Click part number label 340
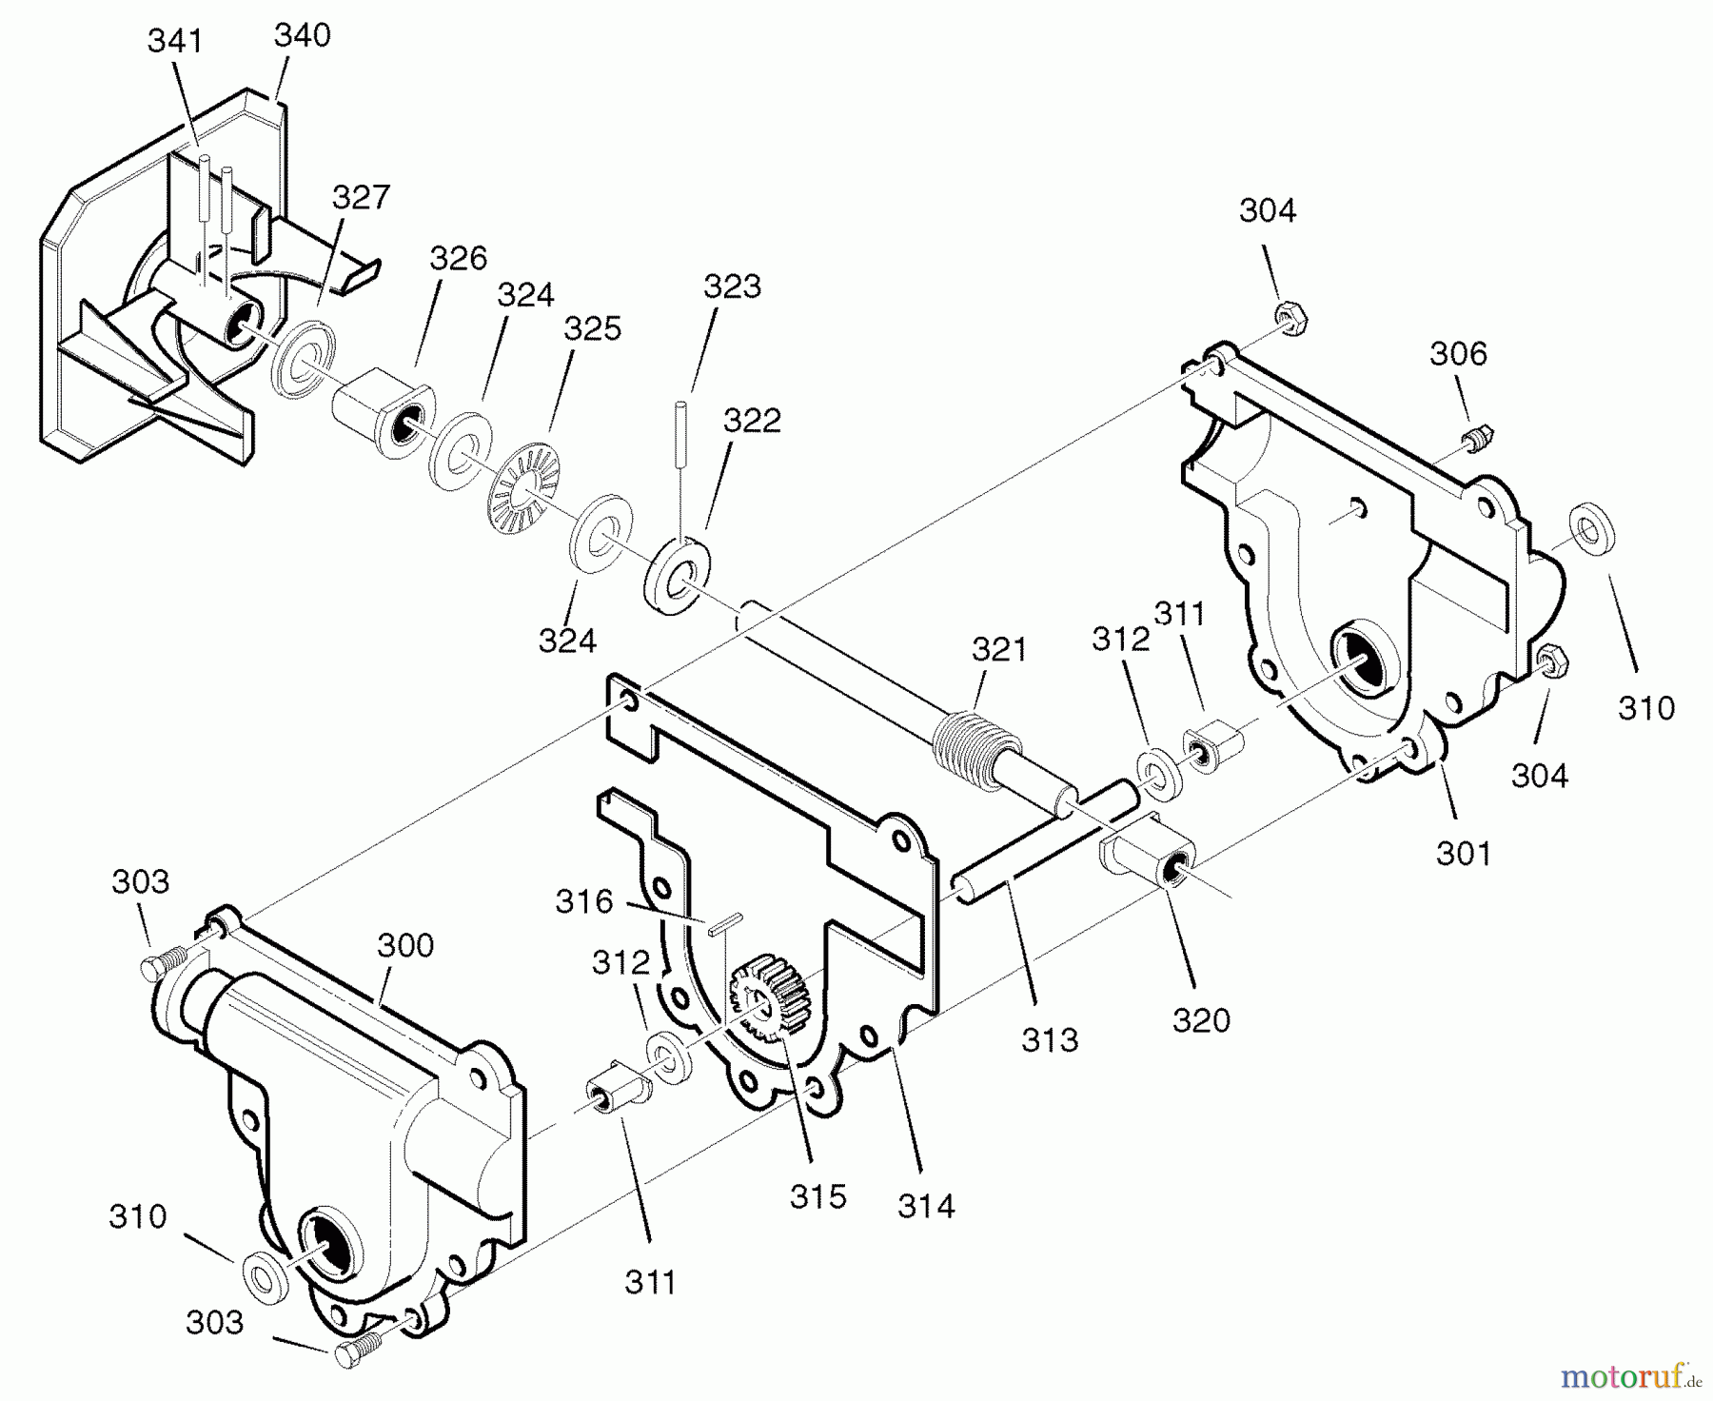coord(302,35)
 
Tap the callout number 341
coord(175,41)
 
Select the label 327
coord(361,197)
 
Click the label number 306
coord(1457,354)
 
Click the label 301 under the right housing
coord(1464,853)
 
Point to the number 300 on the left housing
coord(405,945)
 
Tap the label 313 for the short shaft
coord(1050,1039)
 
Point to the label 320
coord(1201,1020)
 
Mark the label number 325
coord(592,328)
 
